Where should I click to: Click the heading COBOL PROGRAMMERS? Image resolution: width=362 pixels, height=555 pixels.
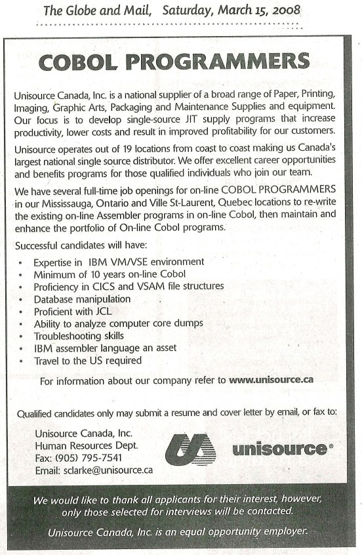click(x=174, y=62)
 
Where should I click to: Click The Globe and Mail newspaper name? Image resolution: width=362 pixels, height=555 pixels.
click(x=98, y=10)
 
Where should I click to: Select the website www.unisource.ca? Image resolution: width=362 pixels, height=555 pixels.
click(x=271, y=380)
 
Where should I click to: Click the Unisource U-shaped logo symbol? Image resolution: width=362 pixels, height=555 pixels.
click(x=190, y=449)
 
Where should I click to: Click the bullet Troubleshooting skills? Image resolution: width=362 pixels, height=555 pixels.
click(x=79, y=335)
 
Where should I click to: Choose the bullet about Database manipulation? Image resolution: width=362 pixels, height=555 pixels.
click(x=83, y=298)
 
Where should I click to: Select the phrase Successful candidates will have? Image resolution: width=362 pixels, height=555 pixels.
click(x=74, y=245)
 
